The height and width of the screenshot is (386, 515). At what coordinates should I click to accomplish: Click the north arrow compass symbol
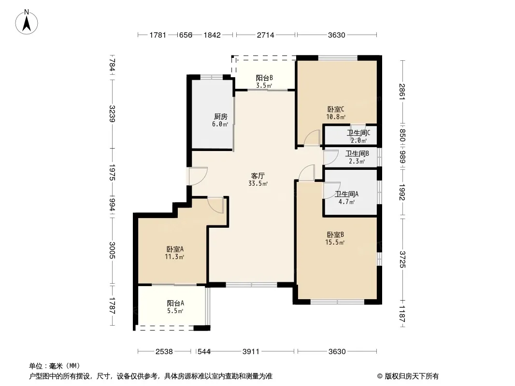click(x=27, y=22)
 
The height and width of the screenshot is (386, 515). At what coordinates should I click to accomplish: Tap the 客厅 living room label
click(x=258, y=176)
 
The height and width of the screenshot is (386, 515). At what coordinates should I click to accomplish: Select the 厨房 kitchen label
click(x=220, y=116)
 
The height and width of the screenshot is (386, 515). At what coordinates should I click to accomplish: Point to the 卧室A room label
click(x=175, y=249)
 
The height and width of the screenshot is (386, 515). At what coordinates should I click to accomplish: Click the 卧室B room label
click(x=335, y=235)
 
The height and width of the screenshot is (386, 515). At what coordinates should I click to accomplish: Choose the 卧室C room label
click(x=336, y=109)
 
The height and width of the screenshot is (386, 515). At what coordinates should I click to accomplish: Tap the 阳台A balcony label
click(x=175, y=303)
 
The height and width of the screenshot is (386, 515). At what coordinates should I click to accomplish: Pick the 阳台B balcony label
click(x=264, y=78)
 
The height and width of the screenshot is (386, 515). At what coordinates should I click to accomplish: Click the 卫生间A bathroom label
click(x=346, y=194)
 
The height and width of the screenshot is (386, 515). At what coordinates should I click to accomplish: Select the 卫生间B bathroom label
click(x=357, y=153)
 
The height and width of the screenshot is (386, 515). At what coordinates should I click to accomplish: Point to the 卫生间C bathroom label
click(x=358, y=133)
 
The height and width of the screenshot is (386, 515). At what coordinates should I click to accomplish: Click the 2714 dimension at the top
click(x=265, y=35)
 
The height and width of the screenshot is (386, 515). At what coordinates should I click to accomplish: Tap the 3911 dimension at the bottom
click(x=251, y=352)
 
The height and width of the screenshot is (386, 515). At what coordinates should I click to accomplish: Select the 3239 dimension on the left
click(x=112, y=113)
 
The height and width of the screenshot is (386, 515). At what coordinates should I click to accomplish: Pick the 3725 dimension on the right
click(x=402, y=259)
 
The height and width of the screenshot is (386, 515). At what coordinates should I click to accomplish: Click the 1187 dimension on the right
click(x=402, y=314)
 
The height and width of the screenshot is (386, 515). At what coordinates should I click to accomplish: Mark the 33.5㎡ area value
click(x=258, y=184)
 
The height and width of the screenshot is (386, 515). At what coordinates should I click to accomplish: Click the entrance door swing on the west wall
click(x=198, y=176)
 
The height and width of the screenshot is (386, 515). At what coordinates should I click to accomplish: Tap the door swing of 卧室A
click(x=216, y=205)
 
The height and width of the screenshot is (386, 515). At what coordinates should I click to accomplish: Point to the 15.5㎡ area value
click(x=335, y=242)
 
